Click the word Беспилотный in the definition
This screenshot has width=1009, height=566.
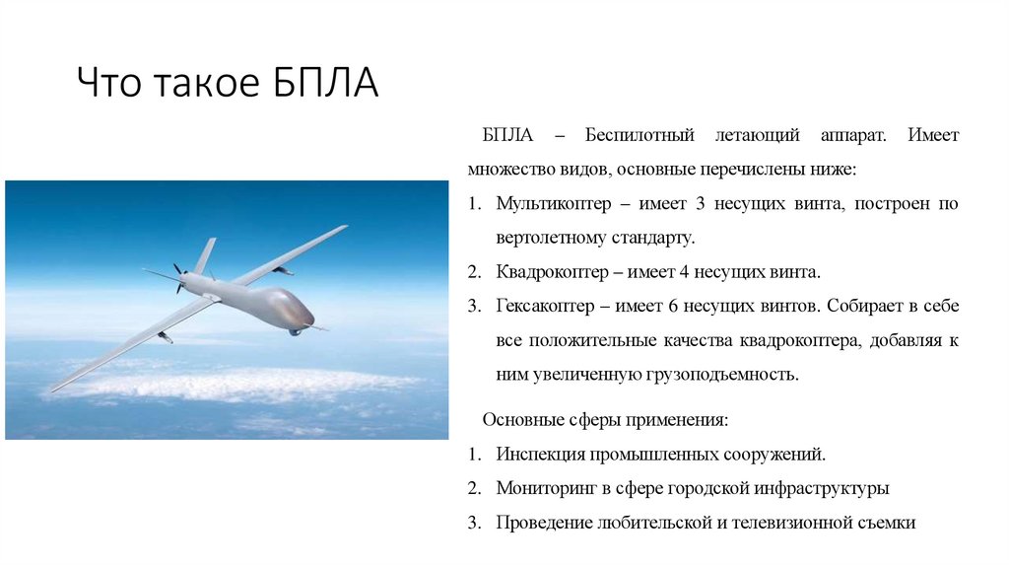640,134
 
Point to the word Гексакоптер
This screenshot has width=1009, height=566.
546,307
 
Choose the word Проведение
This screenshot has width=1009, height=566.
544,523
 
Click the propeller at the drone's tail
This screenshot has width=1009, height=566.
178,277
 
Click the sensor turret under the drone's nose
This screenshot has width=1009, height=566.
295,331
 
